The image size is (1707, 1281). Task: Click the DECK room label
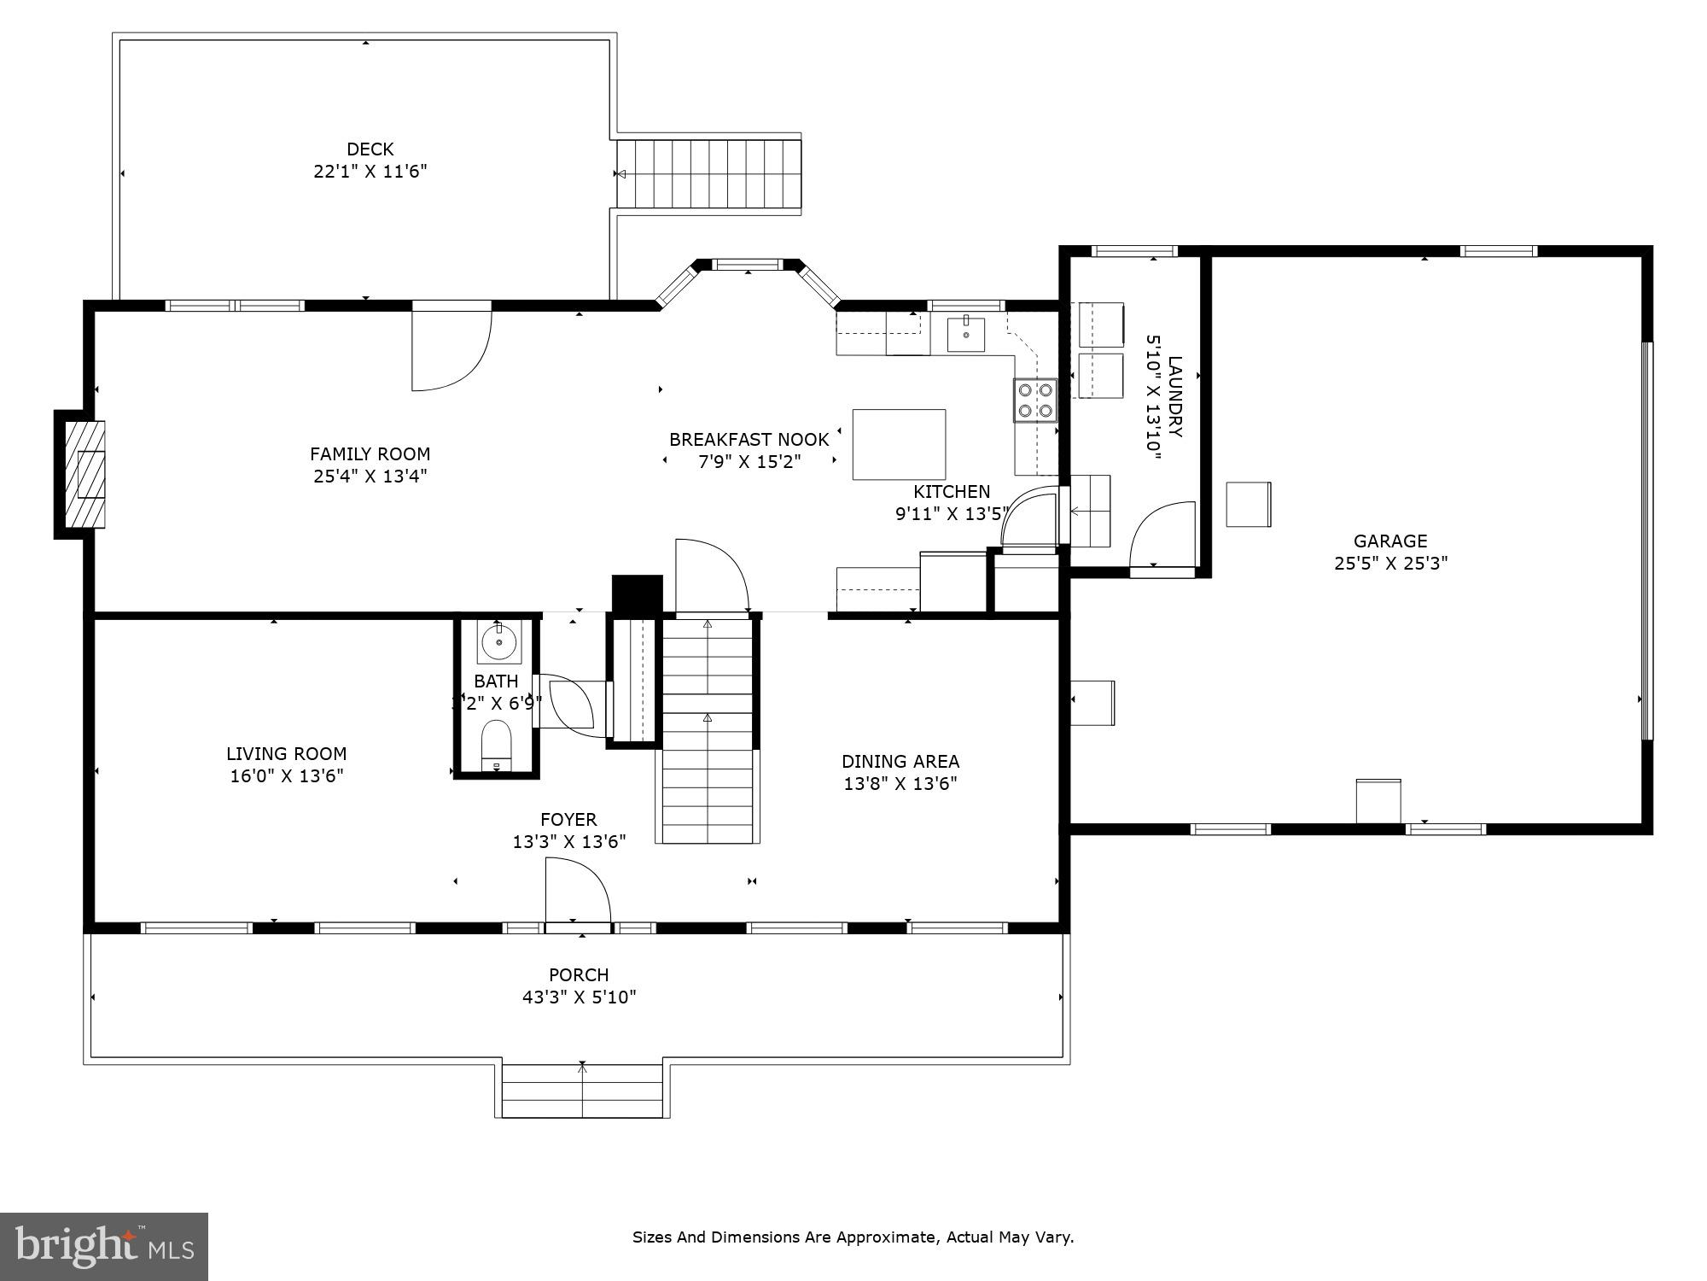(370, 149)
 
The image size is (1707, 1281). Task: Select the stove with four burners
(1034, 401)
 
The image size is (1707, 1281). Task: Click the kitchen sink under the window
(965, 334)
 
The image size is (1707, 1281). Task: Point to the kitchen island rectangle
(899, 444)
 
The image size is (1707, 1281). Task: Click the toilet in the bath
(496, 745)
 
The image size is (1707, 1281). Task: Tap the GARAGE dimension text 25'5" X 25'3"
(1390, 564)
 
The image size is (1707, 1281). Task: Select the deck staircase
(709, 174)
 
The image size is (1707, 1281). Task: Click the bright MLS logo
(104, 1246)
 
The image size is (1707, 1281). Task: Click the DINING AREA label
(900, 761)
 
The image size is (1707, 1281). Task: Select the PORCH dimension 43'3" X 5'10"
(580, 997)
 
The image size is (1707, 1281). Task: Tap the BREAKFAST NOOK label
(749, 440)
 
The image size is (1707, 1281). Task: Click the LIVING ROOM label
(286, 753)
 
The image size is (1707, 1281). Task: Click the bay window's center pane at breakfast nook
(748, 264)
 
